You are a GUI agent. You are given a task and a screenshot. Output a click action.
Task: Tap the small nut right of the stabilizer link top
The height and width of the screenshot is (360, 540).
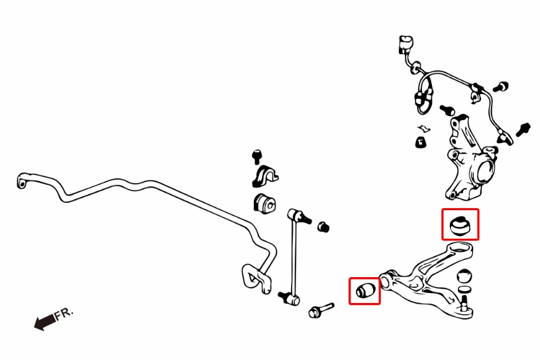pyautogui.click(x=324, y=227)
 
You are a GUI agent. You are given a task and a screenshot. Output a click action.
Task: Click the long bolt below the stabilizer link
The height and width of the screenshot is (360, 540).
pyautogui.click(x=319, y=310)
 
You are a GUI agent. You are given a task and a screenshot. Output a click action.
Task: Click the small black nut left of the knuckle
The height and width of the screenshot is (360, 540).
pyautogui.click(x=419, y=141)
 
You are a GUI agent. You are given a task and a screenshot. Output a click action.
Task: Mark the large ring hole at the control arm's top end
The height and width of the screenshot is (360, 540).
pyautogui.click(x=458, y=249)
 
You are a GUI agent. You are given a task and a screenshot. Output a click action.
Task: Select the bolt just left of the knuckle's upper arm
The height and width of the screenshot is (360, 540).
pyautogui.click(x=446, y=108)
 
